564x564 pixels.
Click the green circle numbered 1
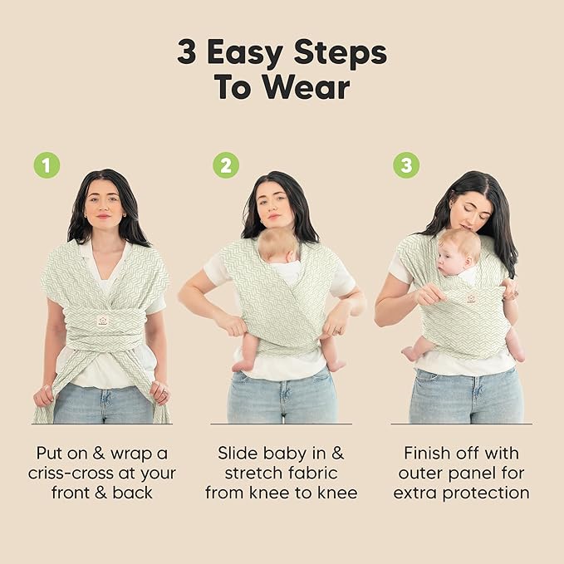pyautogui.click(x=47, y=165)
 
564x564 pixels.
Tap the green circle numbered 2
pyautogui.click(x=225, y=165)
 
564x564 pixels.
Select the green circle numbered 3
pyautogui.click(x=405, y=165)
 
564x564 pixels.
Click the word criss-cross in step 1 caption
pyautogui.click(x=77, y=473)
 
